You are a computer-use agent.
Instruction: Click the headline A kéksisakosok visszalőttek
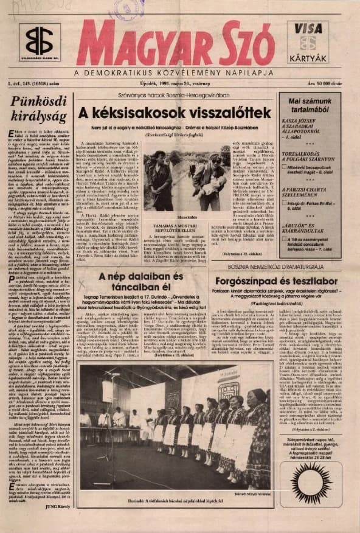pos(175,113)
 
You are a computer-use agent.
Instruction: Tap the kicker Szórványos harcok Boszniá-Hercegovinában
pos(175,96)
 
